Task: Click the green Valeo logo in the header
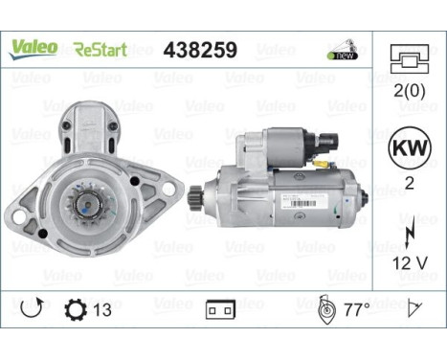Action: coord(34,47)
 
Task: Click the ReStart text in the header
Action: coord(100,48)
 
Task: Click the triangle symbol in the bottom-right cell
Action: coord(415,309)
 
